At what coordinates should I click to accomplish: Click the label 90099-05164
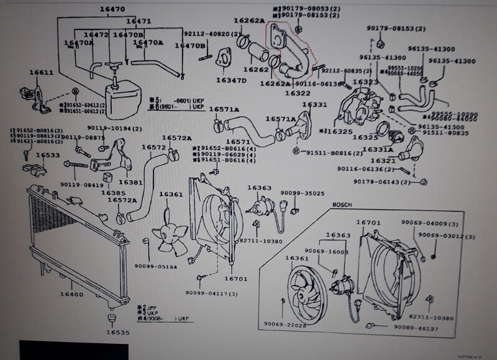pos(155,267)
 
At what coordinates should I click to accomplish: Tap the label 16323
pos(366,82)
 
